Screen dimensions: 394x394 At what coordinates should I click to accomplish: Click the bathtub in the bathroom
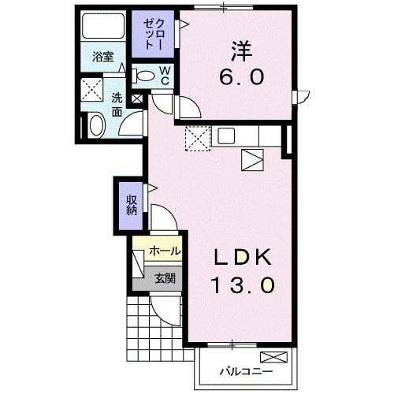click(103, 26)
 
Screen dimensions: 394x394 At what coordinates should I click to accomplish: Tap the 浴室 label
click(103, 57)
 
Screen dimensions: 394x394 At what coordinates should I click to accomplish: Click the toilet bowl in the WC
click(143, 76)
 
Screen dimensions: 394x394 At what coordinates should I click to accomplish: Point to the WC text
click(165, 76)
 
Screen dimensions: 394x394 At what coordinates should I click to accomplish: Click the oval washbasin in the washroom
click(96, 125)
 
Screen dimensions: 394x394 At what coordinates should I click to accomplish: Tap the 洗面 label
click(117, 105)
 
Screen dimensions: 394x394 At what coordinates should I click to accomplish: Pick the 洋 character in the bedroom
click(242, 51)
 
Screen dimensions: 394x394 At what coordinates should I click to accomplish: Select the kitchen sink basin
click(226, 136)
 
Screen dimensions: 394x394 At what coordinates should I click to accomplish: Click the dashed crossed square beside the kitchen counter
click(198, 139)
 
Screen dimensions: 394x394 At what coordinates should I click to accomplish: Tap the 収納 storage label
click(132, 206)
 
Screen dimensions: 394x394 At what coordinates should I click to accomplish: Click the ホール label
click(165, 251)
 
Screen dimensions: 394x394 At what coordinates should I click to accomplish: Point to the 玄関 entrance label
click(165, 278)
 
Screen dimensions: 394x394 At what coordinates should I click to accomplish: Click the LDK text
click(243, 257)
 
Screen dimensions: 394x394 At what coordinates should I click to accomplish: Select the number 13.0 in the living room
click(243, 285)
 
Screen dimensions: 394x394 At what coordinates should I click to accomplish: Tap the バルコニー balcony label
click(246, 371)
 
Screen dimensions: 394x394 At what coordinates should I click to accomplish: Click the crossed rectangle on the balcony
click(274, 357)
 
